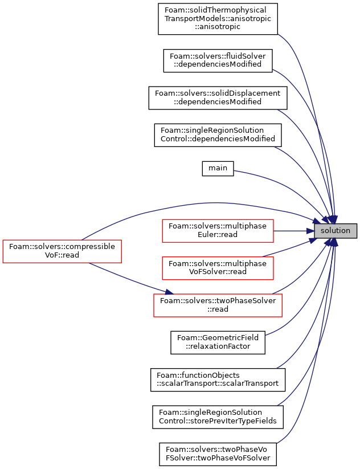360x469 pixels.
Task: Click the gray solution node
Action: (x=336, y=231)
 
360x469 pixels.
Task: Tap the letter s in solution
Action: (x=322, y=231)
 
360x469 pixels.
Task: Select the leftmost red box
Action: (x=62, y=251)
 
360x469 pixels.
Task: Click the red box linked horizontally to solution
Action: (x=218, y=231)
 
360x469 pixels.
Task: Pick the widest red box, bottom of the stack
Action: (x=218, y=305)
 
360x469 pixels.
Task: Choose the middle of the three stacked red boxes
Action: (x=218, y=268)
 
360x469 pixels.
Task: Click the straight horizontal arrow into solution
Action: (x=293, y=231)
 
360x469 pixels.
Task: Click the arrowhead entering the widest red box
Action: (x=169, y=292)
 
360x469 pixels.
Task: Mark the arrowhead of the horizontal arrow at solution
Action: (x=311, y=231)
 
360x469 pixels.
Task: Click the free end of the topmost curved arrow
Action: (x=279, y=34)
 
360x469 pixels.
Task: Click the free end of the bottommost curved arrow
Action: (x=277, y=443)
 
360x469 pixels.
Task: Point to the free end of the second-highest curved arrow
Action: (x=273, y=70)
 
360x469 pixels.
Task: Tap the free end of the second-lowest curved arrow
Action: (x=277, y=405)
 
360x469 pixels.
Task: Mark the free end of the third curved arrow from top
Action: (x=278, y=110)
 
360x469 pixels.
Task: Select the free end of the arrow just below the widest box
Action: (x=265, y=335)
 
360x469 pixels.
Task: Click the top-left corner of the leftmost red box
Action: (x=3, y=240)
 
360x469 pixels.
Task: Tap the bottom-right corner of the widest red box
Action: (x=282, y=317)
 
